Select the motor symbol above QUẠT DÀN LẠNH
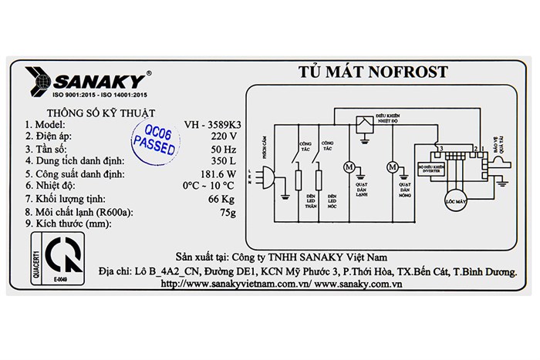349,167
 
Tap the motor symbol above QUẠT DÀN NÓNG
393,167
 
